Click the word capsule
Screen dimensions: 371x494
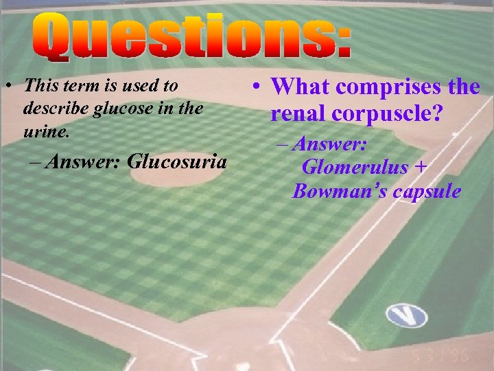click(x=427, y=191)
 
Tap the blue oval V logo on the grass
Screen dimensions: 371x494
click(x=406, y=316)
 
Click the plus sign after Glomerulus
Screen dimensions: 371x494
click(x=421, y=167)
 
